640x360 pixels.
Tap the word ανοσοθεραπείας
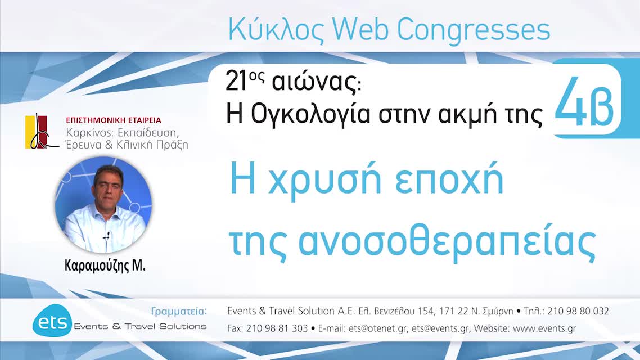[x=447, y=242]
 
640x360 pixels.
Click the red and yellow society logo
[x=39, y=132]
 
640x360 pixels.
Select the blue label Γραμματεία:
[x=179, y=311]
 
